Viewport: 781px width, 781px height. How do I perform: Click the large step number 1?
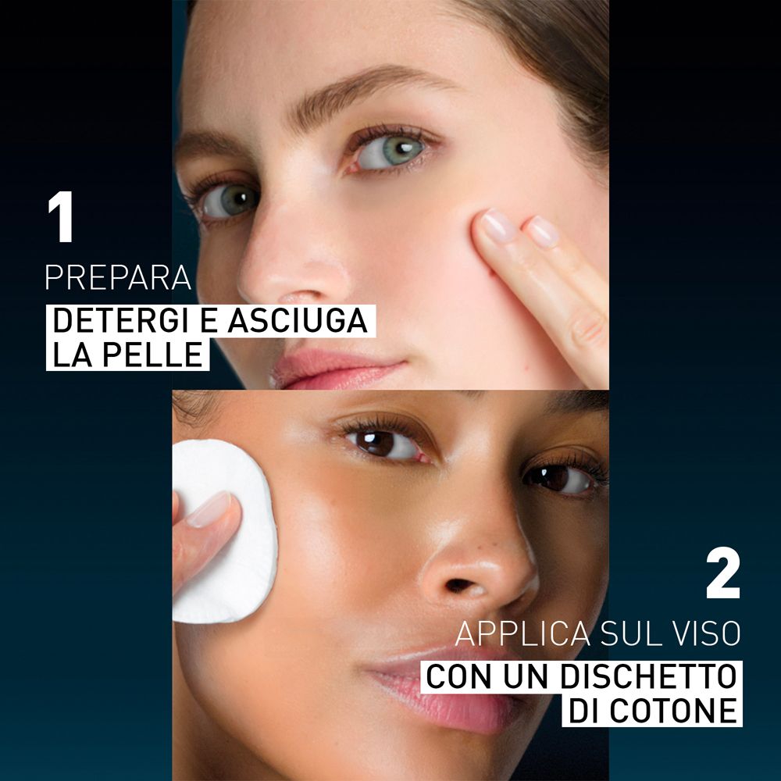click(60, 218)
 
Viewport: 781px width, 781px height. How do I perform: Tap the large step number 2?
click(722, 575)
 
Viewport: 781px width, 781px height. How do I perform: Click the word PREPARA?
click(118, 279)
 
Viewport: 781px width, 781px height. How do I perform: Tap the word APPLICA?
click(523, 633)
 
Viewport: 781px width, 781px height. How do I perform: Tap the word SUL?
click(629, 633)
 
